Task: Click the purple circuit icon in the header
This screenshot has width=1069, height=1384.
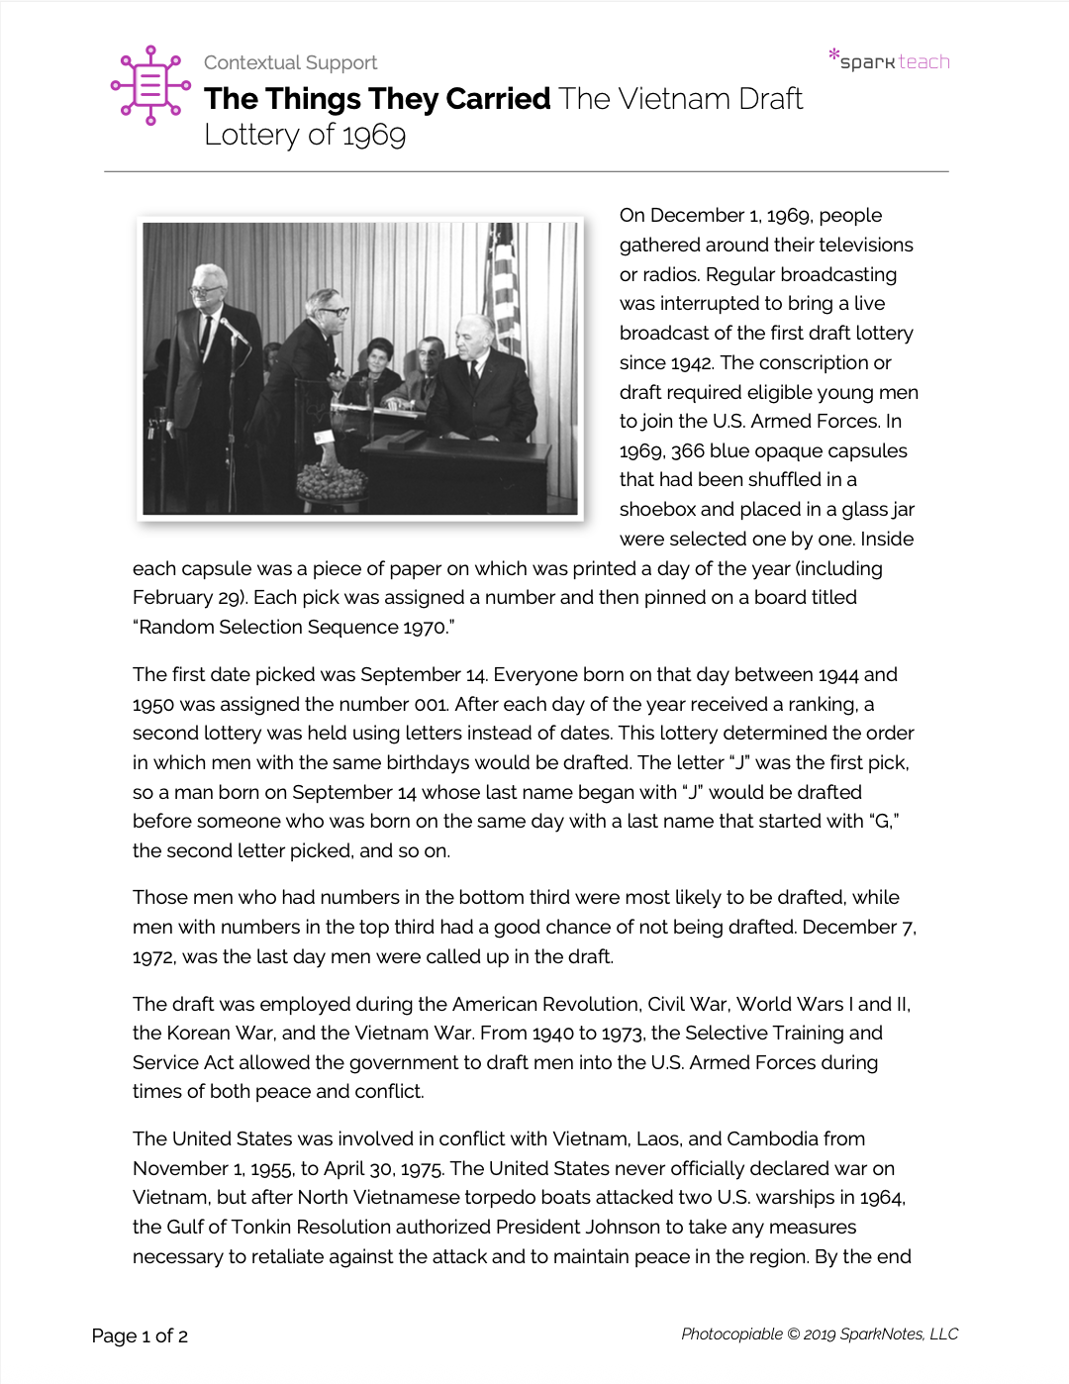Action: point(150,85)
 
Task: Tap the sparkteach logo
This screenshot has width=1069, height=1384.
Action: point(890,60)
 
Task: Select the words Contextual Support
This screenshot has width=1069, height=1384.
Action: point(290,62)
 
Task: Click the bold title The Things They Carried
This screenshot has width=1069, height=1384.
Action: point(377,99)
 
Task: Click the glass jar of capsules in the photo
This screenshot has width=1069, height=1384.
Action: point(332,479)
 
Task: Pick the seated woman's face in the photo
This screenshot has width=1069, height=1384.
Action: point(377,353)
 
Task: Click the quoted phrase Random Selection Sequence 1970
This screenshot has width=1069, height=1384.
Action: point(294,628)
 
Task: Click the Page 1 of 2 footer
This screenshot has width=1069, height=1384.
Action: point(140,1336)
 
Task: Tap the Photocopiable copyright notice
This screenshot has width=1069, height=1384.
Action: point(820,1335)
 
